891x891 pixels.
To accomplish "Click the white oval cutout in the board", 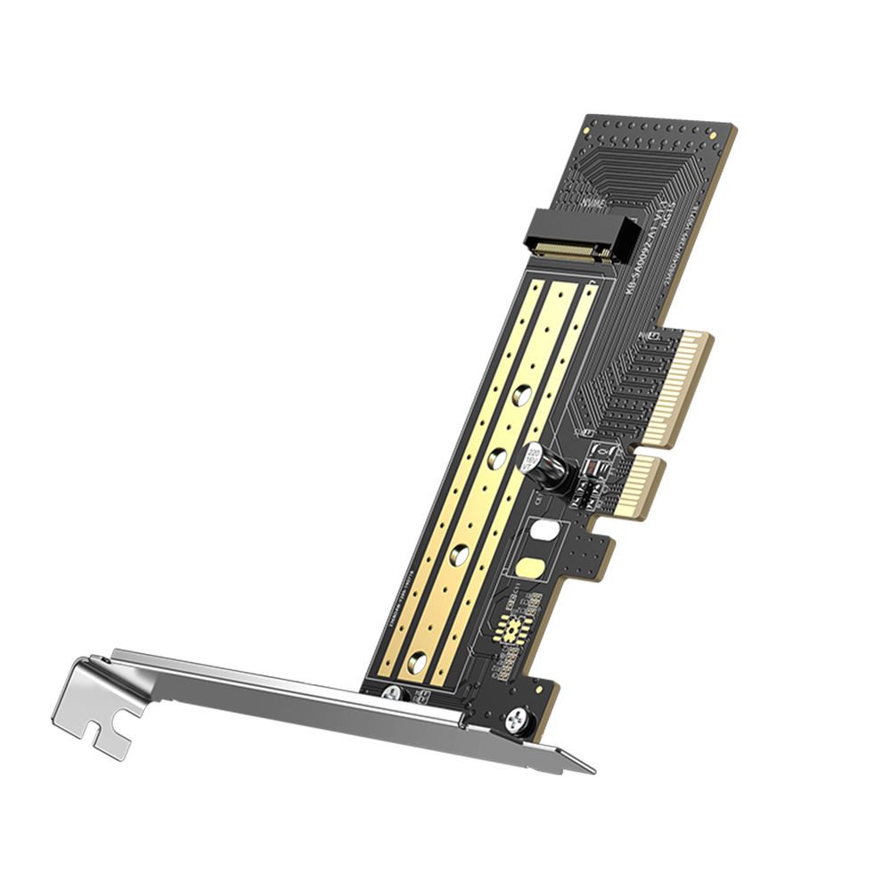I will (541, 533).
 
